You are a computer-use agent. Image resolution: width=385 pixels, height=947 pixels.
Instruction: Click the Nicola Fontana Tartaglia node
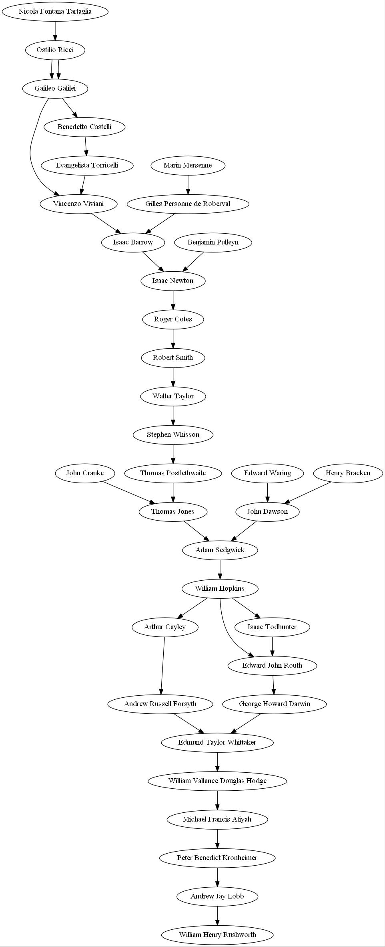pos(55,11)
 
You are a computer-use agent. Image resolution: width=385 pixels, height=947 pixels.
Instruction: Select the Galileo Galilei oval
pos(55,88)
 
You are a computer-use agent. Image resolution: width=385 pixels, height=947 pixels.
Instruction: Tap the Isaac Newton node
pos(173,281)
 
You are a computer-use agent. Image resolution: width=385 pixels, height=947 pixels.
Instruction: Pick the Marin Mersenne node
pos(188,165)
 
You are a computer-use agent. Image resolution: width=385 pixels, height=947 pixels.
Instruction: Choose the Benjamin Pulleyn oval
pos(213,242)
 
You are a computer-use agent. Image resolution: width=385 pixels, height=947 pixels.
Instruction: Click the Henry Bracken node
pos(348,473)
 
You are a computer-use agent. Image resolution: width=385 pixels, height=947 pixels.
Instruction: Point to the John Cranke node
pos(85,473)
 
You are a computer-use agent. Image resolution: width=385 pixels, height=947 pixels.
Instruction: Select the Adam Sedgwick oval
pos(220,550)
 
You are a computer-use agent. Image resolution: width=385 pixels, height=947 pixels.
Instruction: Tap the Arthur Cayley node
pos(165,627)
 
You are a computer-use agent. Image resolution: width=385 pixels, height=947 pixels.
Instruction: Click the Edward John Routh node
pos(272,665)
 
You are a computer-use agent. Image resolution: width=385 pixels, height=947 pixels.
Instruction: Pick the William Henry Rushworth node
pos(217,935)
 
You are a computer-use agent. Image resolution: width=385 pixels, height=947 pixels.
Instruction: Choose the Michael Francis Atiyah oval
pos(217,819)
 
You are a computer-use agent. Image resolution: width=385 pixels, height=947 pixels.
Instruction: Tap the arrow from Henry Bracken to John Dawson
pos(308,492)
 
